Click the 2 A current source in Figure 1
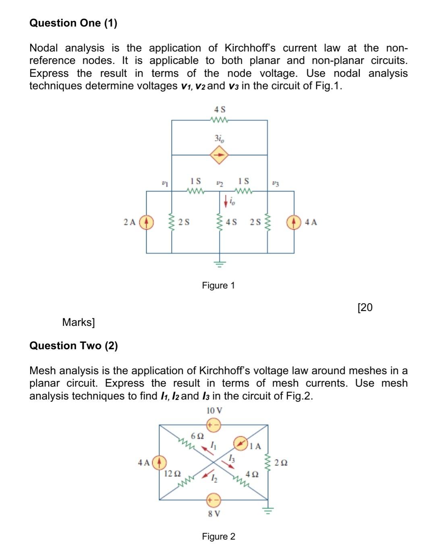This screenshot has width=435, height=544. [x=146, y=222]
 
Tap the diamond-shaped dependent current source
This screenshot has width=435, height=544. [x=219, y=155]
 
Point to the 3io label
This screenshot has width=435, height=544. [x=219, y=138]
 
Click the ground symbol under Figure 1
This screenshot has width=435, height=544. [x=220, y=264]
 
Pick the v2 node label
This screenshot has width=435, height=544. [x=219, y=183]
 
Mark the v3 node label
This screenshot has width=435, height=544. [x=275, y=183]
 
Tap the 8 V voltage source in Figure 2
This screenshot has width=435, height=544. [x=213, y=500]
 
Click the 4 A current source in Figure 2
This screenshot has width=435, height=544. [x=160, y=462]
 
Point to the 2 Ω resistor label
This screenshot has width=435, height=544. [x=281, y=463]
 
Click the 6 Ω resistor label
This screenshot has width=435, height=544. [x=197, y=436]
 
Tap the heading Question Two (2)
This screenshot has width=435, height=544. [x=74, y=346]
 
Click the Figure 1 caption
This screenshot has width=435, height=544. [x=218, y=285]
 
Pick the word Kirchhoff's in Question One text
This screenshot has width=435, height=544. [x=250, y=48]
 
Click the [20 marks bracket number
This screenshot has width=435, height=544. [x=365, y=307]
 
